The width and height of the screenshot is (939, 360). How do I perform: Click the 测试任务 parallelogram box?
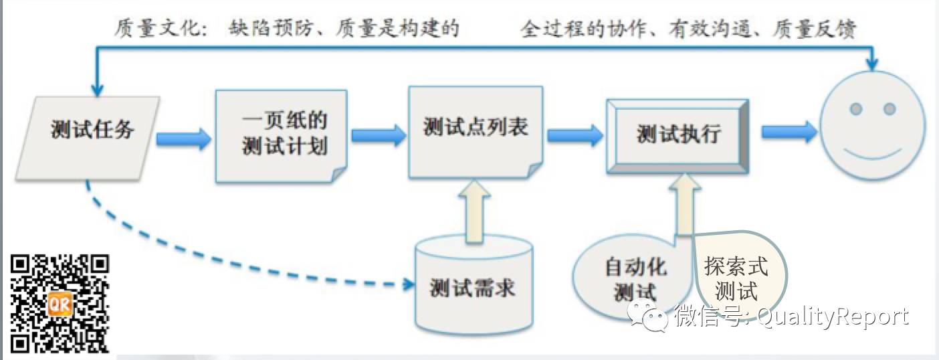coord(90,138)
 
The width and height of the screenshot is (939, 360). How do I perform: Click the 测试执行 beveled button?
coord(677,137)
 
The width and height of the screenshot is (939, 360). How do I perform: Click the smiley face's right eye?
coord(889,108)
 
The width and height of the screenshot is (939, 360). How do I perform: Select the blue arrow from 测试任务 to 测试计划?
coord(183,139)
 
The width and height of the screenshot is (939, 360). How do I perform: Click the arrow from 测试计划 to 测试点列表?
coord(379,136)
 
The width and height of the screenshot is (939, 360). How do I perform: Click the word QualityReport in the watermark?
coord(833,316)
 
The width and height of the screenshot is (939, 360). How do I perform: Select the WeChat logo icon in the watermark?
coord(648,314)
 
